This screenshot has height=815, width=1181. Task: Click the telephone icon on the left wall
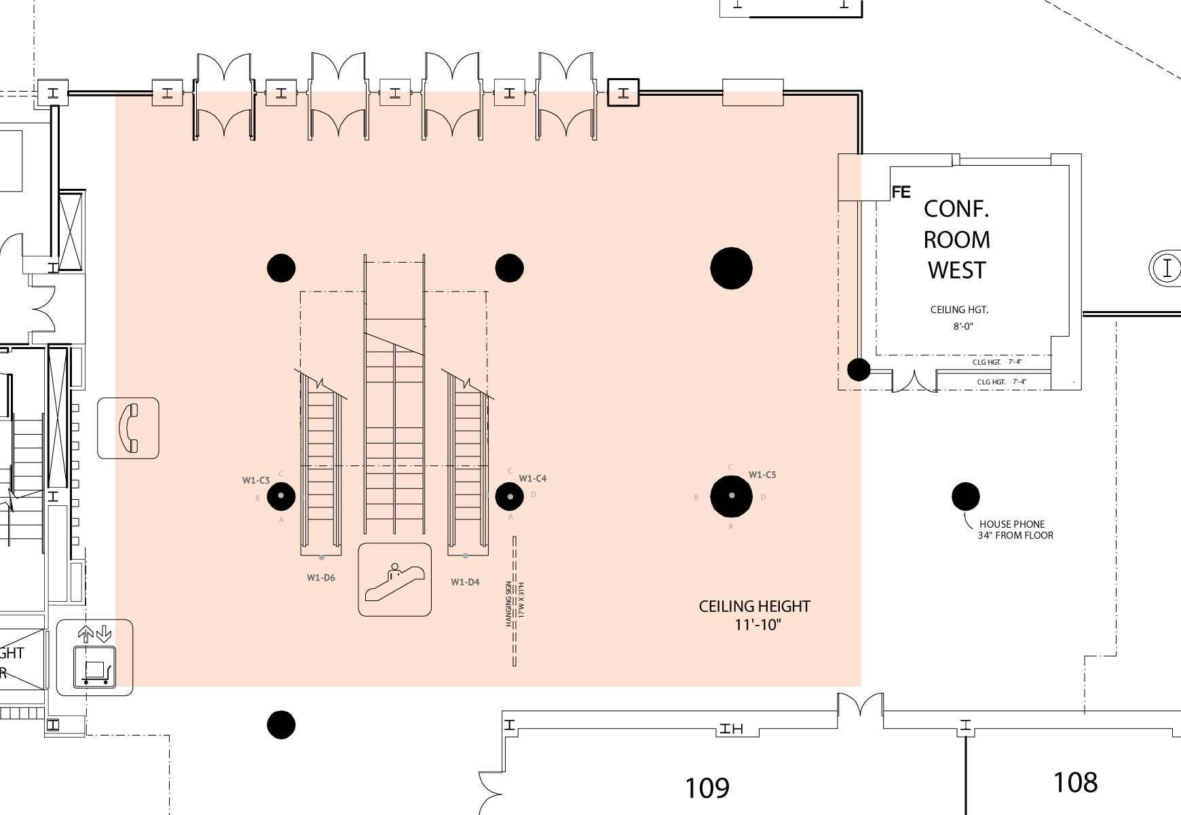tap(128, 428)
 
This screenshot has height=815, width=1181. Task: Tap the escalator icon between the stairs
tap(394, 580)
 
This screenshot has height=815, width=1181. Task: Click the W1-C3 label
tap(256, 480)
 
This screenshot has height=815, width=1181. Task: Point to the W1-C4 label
tap(533, 478)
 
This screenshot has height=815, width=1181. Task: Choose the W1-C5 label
tap(762, 475)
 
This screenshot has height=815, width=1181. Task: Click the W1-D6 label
tap(321, 578)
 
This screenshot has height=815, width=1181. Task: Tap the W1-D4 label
tap(465, 582)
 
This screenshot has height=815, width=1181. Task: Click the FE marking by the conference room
tap(901, 193)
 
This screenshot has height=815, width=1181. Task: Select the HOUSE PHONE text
tap(1012, 524)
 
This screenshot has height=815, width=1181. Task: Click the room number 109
tap(707, 788)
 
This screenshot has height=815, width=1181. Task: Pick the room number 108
tap(1075, 782)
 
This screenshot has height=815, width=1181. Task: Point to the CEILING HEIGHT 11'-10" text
tap(755, 615)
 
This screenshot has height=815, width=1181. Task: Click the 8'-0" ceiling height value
tap(963, 326)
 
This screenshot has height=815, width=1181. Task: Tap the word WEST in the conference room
tap(957, 270)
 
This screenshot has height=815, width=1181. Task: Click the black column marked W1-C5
tap(731, 496)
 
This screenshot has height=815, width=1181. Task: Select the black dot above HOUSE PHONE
tap(965, 496)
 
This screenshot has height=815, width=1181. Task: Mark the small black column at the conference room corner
tap(859, 369)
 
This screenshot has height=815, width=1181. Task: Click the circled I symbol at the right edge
tap(1167, 268)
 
